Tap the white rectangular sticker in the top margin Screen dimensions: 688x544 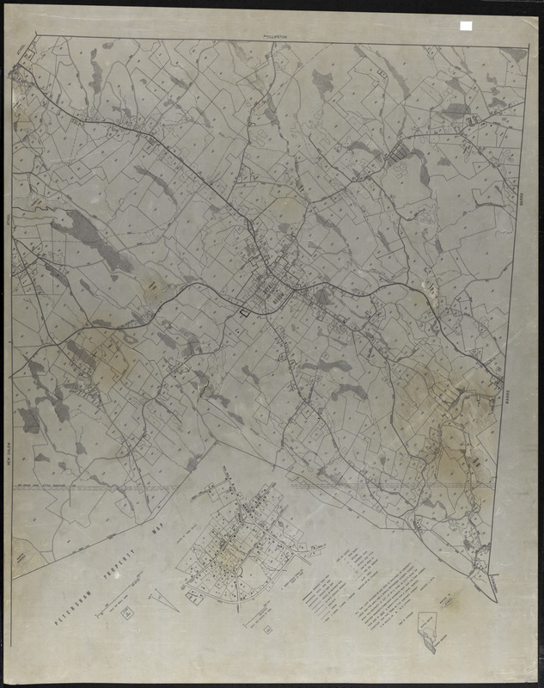(466, 27)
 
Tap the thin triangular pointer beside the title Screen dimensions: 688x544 (162, 599)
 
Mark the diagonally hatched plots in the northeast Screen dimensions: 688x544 (399, 155)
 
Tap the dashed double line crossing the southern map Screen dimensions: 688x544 (103, 487)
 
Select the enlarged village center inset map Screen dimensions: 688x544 (241, 542)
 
